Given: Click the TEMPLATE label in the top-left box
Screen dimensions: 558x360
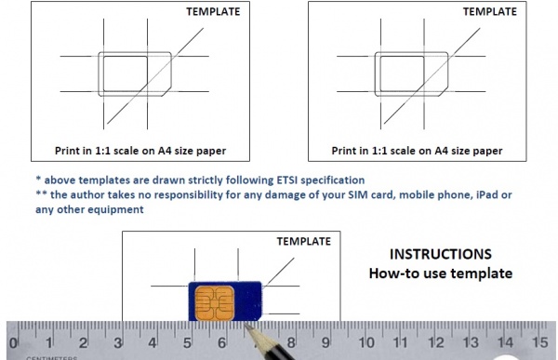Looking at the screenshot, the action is click(x=213, y=12).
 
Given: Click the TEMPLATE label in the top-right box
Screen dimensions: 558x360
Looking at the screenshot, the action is click(x=490, y=12).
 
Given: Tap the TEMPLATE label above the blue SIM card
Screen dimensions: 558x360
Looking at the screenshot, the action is click(x=304, y=242).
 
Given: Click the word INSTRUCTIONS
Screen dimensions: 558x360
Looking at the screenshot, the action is click(x=441, y=254).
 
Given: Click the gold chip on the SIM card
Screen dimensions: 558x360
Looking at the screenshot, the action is click(x=215, y=303).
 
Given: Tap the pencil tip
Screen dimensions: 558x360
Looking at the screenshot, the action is click(x=246, y=325).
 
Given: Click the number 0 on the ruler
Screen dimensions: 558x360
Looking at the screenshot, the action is click(x=13, y=343).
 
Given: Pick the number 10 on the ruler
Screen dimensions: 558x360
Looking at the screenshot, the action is click(x=365, y=342).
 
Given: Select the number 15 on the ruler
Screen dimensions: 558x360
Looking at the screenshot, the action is click(x=539, y=342).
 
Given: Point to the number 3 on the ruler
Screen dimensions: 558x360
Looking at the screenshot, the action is click(x=118, y=343).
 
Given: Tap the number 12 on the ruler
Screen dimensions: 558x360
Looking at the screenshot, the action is click(x=435, y=342).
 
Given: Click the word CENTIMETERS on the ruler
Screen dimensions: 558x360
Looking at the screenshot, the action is click(x=51, y=357).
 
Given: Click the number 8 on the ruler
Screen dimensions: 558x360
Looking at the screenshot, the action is click(x=291, y=343).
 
